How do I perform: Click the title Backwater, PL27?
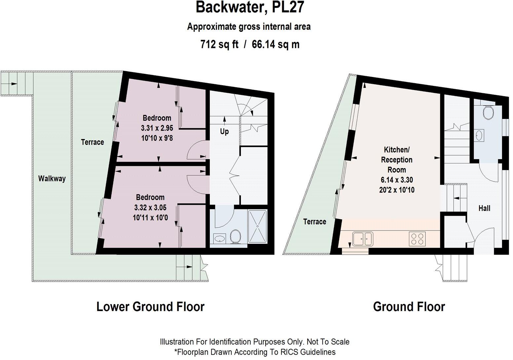pyautogui.click(x=250, y=7)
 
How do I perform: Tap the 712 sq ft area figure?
pyautogui.click(x=219, y=44)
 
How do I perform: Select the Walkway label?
pyautogui.click(x=52, y=178)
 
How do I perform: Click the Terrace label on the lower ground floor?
pyautogui.click(x=92, y=142)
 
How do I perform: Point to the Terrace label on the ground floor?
pyautogui.click(x=315, y=222)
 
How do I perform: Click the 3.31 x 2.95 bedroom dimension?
pyautogui.click(x=157, y=128)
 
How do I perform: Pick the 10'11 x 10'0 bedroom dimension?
pyautogui.click(x=151, y=218)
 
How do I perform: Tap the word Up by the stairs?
pyautogui.click(x=224, y=131)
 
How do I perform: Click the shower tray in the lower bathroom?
pyautogui.click(x=257, y=226)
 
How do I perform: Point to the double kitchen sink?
pyautogui.click(x=363, y=239)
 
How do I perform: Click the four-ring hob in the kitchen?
pyautogui.click(x=417, y=239)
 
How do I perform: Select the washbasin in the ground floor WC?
pyautogui.click(x=479, y=135)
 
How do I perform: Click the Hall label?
pyautogui.click(x=484, y=208)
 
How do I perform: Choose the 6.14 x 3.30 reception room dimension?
pyautogui.click(x=397, y=180)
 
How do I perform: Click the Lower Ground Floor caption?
pyautogui.click(x=151, y=306)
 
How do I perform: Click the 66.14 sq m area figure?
pyautogui.click(x=276, y=44)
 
